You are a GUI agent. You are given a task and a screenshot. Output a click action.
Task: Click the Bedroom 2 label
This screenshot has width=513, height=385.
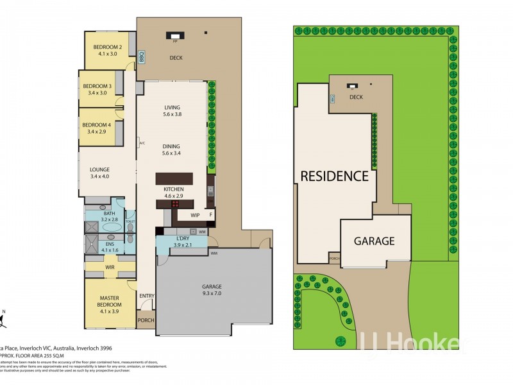click(x=108, y=47)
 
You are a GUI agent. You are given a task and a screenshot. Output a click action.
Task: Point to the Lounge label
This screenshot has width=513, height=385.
click(x=99, y=169)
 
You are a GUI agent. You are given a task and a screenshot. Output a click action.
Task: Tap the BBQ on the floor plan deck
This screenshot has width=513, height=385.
click(x=141, y=58)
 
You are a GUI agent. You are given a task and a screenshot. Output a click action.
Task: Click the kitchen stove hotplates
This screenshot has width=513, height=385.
click(x=174, y=203)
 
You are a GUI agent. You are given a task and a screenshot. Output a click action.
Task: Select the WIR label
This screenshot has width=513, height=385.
click(x=109, y=265)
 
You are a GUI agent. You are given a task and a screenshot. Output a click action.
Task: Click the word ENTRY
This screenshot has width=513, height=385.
click(x=147, y=295)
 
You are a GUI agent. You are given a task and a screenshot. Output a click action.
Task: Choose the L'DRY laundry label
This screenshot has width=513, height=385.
click(x=183, y=239)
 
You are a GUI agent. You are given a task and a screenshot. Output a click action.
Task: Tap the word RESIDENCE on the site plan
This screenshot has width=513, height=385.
click(x=335, y=176)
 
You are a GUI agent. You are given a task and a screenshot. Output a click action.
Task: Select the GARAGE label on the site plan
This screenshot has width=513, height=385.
click(x=374, y=241)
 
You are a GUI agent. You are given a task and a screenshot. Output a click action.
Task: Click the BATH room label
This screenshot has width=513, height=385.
click(x=101, y=214)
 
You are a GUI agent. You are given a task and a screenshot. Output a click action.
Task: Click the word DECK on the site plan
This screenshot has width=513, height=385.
click(x=356, y=98)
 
